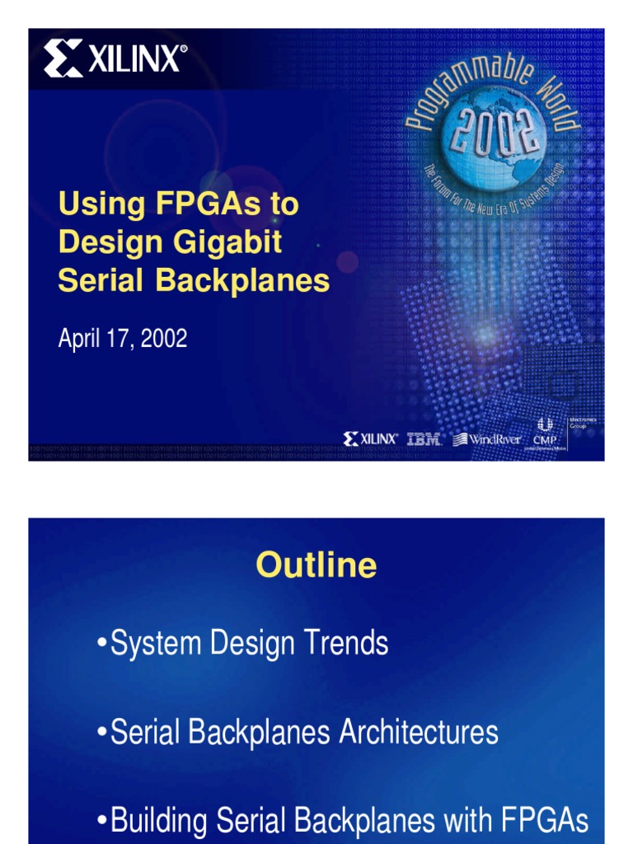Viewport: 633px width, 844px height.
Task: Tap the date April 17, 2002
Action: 123,339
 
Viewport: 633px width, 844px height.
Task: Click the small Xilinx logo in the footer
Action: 371,438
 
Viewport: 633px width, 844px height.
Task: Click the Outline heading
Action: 316,565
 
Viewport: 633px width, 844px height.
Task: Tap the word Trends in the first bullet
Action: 345,644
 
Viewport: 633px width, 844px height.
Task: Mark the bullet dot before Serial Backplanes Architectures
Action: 102,733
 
